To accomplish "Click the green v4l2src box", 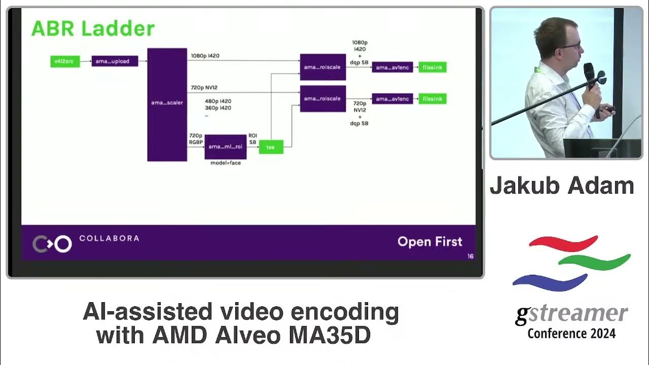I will (x=65, y=61).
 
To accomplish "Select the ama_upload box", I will (x=115, y=61).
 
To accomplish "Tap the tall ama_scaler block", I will (x=167, y=104).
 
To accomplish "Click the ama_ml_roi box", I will (x=225, y=147).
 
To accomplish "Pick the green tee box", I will (x=271, y=147).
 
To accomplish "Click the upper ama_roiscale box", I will (x=322, y=67).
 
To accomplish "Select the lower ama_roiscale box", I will (x=322, y=98).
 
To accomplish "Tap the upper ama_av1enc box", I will (x=392, y=67).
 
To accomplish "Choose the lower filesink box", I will (x=432, y=99).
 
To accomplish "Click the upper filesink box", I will (x=432, y=67).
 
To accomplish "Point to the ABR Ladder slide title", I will (x=93, y=29).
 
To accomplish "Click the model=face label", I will (x=225, y=163).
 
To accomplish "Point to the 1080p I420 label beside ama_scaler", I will (x=205, y=56).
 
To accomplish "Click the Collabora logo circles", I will (x=52, y=244).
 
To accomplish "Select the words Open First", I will (x=429, y=242).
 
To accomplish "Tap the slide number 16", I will (x=471, y=256).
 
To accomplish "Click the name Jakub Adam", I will (x=562, y=186).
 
